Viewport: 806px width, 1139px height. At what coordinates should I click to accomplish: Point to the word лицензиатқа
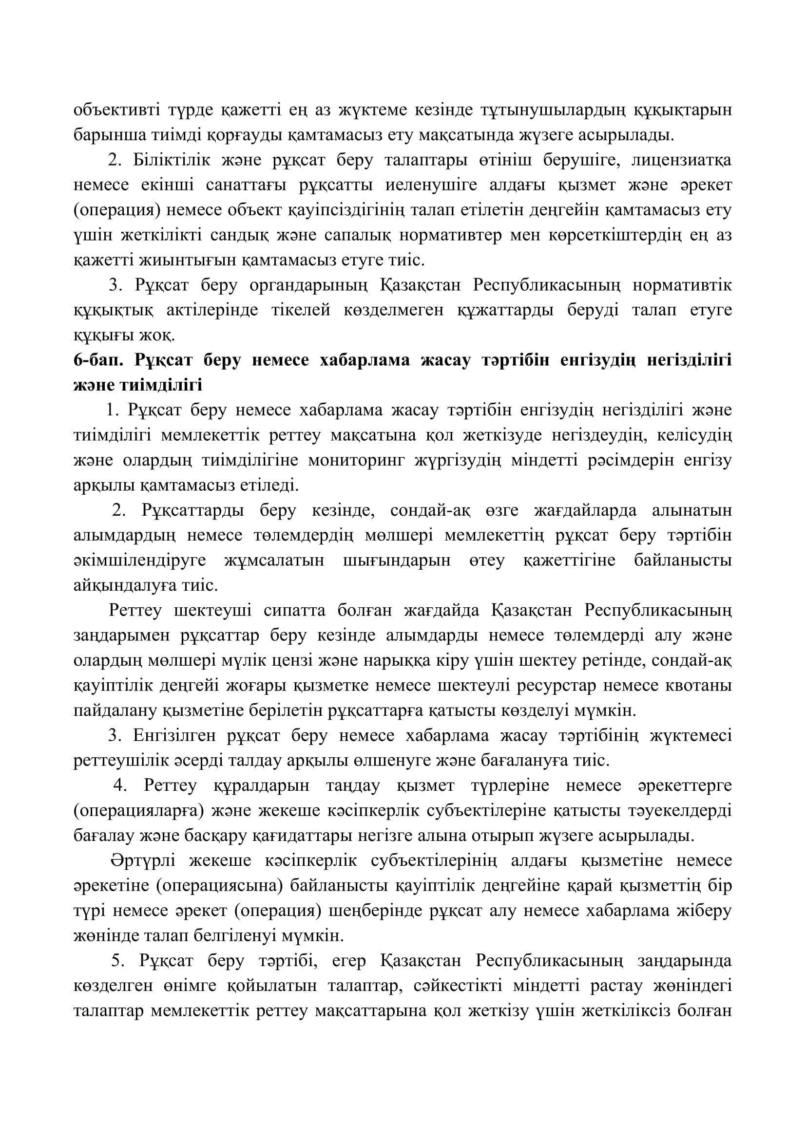coord(687,160)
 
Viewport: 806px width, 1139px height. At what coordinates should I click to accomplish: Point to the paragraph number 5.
coord(116,961)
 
